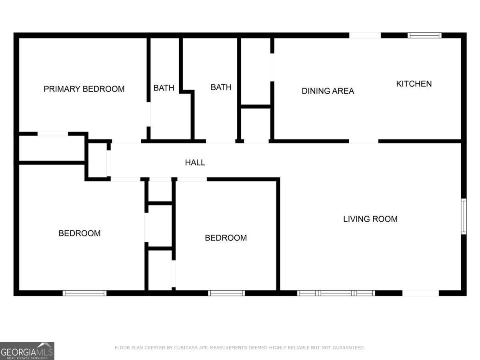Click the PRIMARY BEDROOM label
(84, 89)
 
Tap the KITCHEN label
(414, 84)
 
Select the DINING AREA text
(328, 91)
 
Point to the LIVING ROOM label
(370, 219)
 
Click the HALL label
(195, 163)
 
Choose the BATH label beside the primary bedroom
(164, 88)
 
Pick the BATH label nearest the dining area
(221, 87)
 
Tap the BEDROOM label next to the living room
(226, 238)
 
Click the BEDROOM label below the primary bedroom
(79, 233)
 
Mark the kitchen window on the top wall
(424, 36)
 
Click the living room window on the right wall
(464, 216)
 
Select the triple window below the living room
(336, 293)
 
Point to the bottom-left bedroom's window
(84, 293)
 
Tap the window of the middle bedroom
(226, 293)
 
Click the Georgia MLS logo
(27, 351)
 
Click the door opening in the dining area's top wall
(365, 36)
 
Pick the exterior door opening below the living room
(420, 293)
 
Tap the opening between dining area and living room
(364, 141)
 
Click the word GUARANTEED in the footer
(350, 348)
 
